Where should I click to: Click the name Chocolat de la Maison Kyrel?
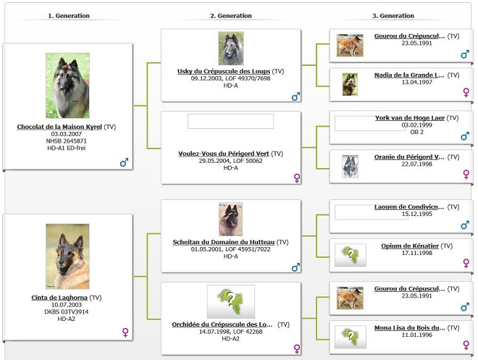click(x=59, y=127)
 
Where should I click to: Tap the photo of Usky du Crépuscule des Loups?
click(x=230, y=49)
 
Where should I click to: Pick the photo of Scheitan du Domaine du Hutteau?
click(x=230, y=219)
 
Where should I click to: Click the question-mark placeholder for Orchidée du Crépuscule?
click(x=230, y=302)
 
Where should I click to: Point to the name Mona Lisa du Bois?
click(x=409, y=328)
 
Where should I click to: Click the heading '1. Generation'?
click(x=68, y=15)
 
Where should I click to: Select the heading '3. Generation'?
click(x=393, y=15)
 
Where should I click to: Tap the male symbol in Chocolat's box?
click(x=124, y=163)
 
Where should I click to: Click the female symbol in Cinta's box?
click(x=125, y=332)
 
